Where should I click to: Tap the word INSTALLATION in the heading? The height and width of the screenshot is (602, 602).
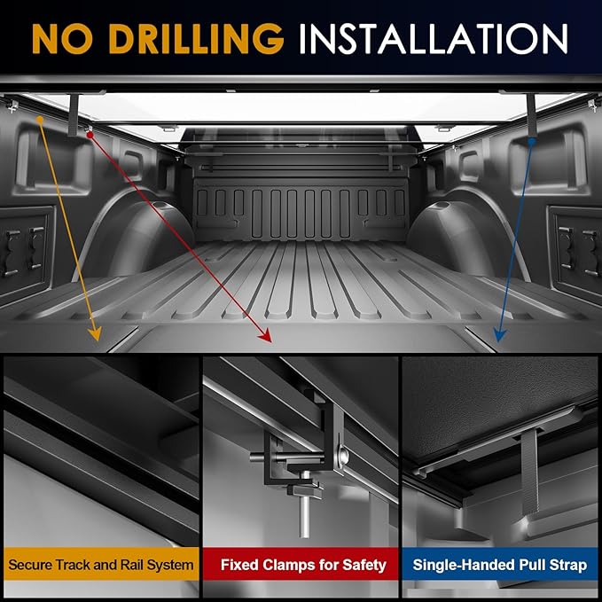click(433, 39)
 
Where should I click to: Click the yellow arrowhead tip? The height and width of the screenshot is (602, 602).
click(98, 340)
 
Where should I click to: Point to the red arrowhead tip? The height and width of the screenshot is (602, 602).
click(271, 342)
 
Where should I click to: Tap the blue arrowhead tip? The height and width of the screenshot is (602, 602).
click(498, 341)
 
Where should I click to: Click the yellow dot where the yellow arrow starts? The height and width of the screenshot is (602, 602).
click(40, 120)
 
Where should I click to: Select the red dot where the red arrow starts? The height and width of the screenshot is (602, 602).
click(90, 135)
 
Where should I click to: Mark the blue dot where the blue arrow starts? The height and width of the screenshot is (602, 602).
click(531, 142)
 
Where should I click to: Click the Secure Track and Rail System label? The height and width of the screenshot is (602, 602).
click(101, 565)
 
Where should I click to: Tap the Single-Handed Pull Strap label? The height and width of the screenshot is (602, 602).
click(500, 565)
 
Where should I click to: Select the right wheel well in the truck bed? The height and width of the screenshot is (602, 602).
click(466, 234)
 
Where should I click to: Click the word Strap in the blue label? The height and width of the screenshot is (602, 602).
click(567, 566)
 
